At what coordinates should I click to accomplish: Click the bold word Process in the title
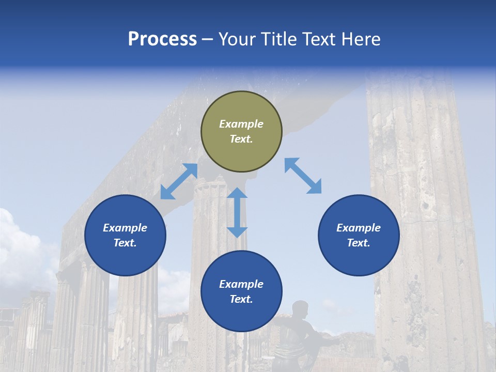[x=162, y=39]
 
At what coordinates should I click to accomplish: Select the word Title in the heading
[x=280, y=39]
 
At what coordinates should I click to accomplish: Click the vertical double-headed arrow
[x=237, y=212]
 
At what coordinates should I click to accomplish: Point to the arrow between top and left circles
[x=179, y=181]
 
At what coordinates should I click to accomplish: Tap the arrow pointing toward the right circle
[x=303, y=176]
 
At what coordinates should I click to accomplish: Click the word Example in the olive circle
[x=241, y=124]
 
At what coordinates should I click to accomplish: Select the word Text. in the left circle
[x=125, y=243]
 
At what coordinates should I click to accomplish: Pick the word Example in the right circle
[x=359, y=228]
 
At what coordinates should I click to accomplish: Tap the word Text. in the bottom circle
[x=241, y=299]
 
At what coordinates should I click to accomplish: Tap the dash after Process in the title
[x=207, y=39]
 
